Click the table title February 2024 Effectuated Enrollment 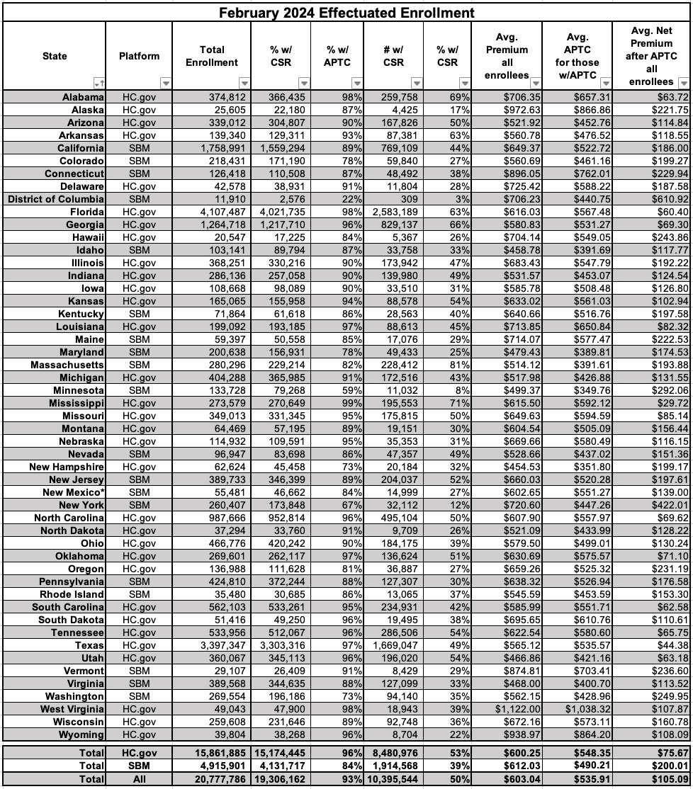pos(346,13)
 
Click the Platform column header pos(139,56)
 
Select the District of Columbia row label pos(56,199)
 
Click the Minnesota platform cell pos(139,390)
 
